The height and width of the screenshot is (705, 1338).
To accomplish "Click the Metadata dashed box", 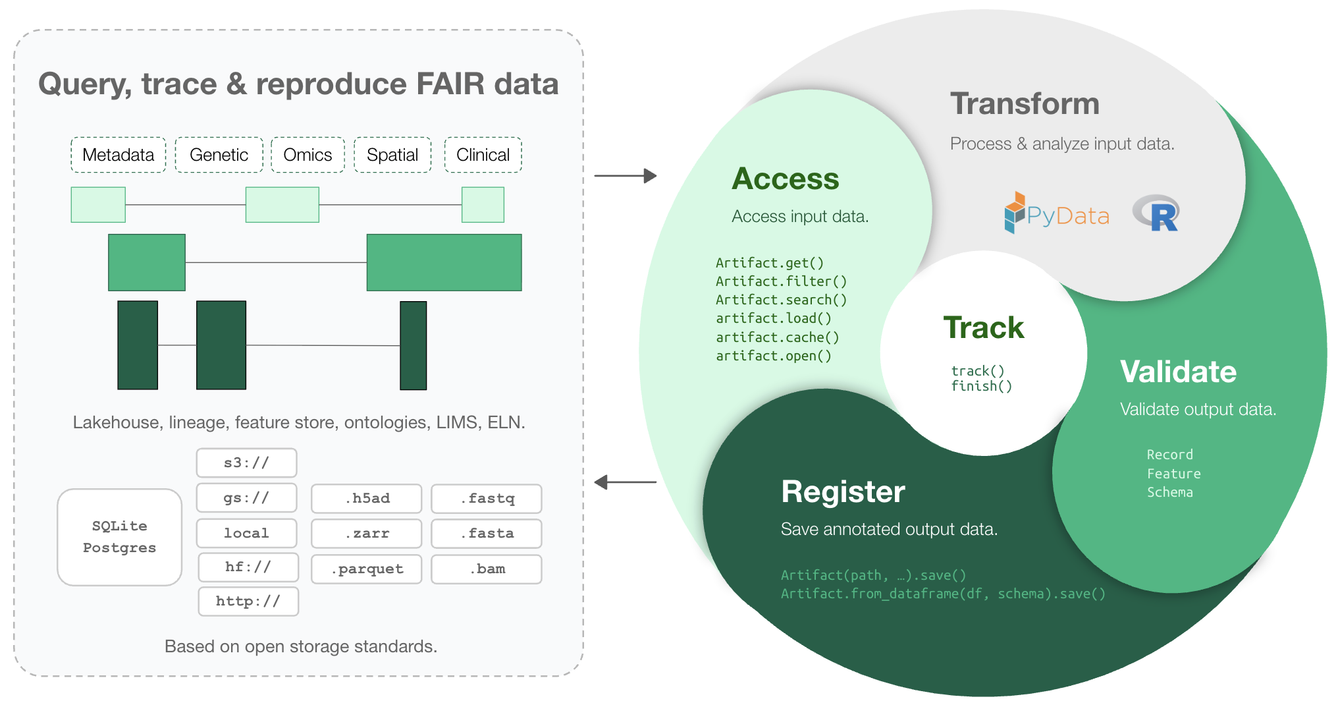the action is click(x=119, y=155).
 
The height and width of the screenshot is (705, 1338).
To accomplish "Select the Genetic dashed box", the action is click(x=219, y=155).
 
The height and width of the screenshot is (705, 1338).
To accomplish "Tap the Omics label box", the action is click(x=308, y=155).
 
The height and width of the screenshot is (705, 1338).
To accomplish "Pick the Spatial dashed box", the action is click(x=392, y=155).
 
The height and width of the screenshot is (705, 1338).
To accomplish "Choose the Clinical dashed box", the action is click(x=483, y=155).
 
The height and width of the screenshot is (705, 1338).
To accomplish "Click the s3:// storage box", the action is click(x=246, y=463).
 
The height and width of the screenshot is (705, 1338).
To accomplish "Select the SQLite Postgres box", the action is click(x=119, y=537).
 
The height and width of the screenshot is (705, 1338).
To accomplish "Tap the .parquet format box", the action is click(x=367, y=569).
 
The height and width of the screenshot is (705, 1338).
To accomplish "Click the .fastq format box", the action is click(x=487, y=498).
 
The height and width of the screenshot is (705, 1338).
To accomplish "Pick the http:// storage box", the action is click(x=248, y=601).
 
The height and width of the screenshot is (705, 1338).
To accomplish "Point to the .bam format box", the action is click(x=487, y=569).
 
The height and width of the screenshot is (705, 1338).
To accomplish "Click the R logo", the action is click(x=1156, y=213).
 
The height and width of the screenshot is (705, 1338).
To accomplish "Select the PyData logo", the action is click(x=1057, y=213).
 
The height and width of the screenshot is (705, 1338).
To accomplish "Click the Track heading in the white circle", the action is click(x=984, y=327).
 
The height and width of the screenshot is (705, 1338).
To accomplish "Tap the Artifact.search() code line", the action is click(x=782, y=300).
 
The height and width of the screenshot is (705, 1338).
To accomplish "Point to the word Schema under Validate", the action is click(x=1170, y=492).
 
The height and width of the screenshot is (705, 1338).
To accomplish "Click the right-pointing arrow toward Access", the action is click(x=626, y=176).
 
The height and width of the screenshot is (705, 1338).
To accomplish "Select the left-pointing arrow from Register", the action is click(x=626, y=482).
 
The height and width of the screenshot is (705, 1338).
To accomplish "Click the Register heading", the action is click(x=843, y=492).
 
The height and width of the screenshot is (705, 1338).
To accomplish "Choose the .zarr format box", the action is click(x=367, y=534).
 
